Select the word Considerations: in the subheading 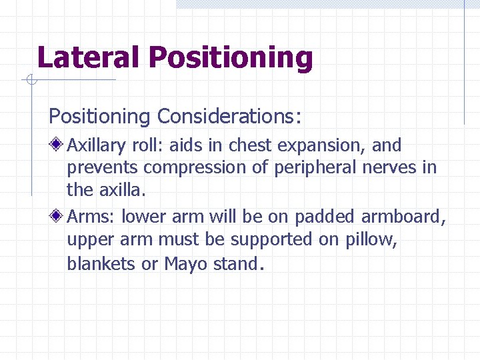click(229, 117)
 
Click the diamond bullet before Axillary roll click(59, 145)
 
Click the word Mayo click(185, 263)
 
